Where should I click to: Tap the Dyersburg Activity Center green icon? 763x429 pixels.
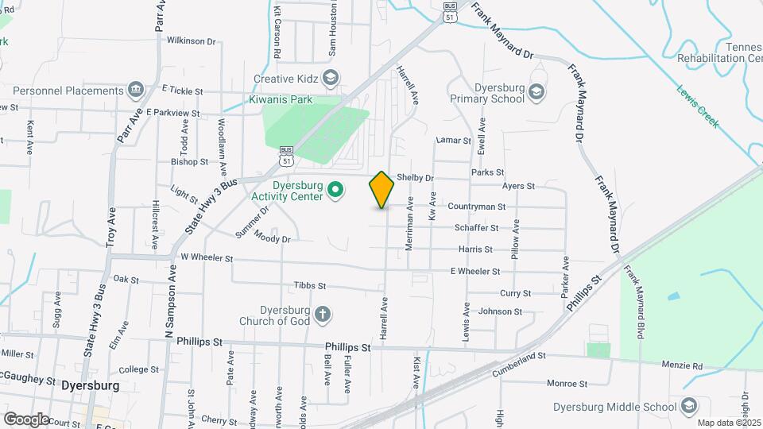(335, 190)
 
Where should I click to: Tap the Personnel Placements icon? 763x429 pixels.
(135, 88)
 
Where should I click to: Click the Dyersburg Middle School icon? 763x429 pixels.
(688, 407)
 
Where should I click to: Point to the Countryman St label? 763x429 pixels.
(477, 207)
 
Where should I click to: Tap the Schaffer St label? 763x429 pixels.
(476, 227)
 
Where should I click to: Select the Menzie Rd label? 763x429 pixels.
(682, 366)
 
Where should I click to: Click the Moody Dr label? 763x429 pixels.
(273, 236)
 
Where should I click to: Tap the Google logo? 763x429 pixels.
(25, 419)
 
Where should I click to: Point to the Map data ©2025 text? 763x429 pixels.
(729, 423)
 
